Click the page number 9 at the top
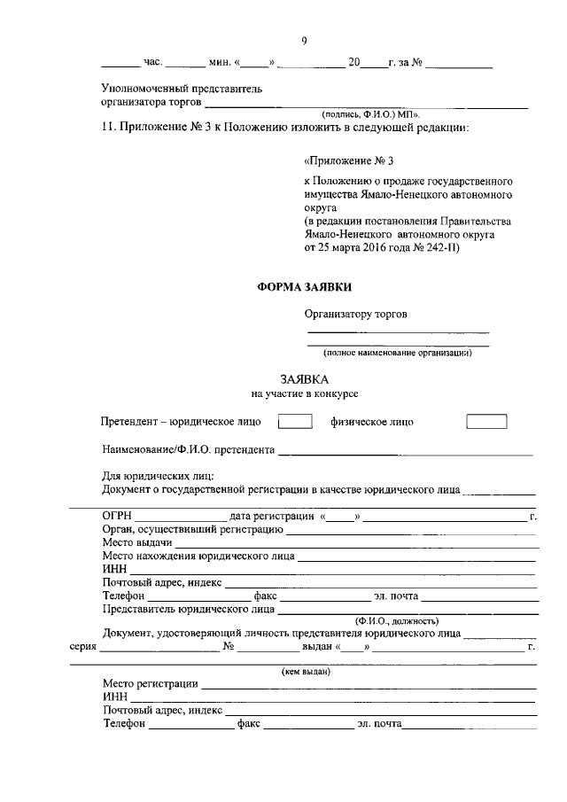point(304,41)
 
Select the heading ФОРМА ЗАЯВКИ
point(304,287)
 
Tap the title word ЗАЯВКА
point(304,378)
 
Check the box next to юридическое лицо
point(296,422)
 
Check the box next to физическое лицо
point(486,422)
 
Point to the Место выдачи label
point(137,542)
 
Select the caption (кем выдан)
point(306,672)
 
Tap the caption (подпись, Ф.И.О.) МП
point(371,113)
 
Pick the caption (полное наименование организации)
point(397,352)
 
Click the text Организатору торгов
point(357,313)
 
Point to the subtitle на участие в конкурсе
point(304,393)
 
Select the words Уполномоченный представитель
point(182,89)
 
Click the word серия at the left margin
point(83,647)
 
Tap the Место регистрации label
point(150,684)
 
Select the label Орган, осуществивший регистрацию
point(192,529)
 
